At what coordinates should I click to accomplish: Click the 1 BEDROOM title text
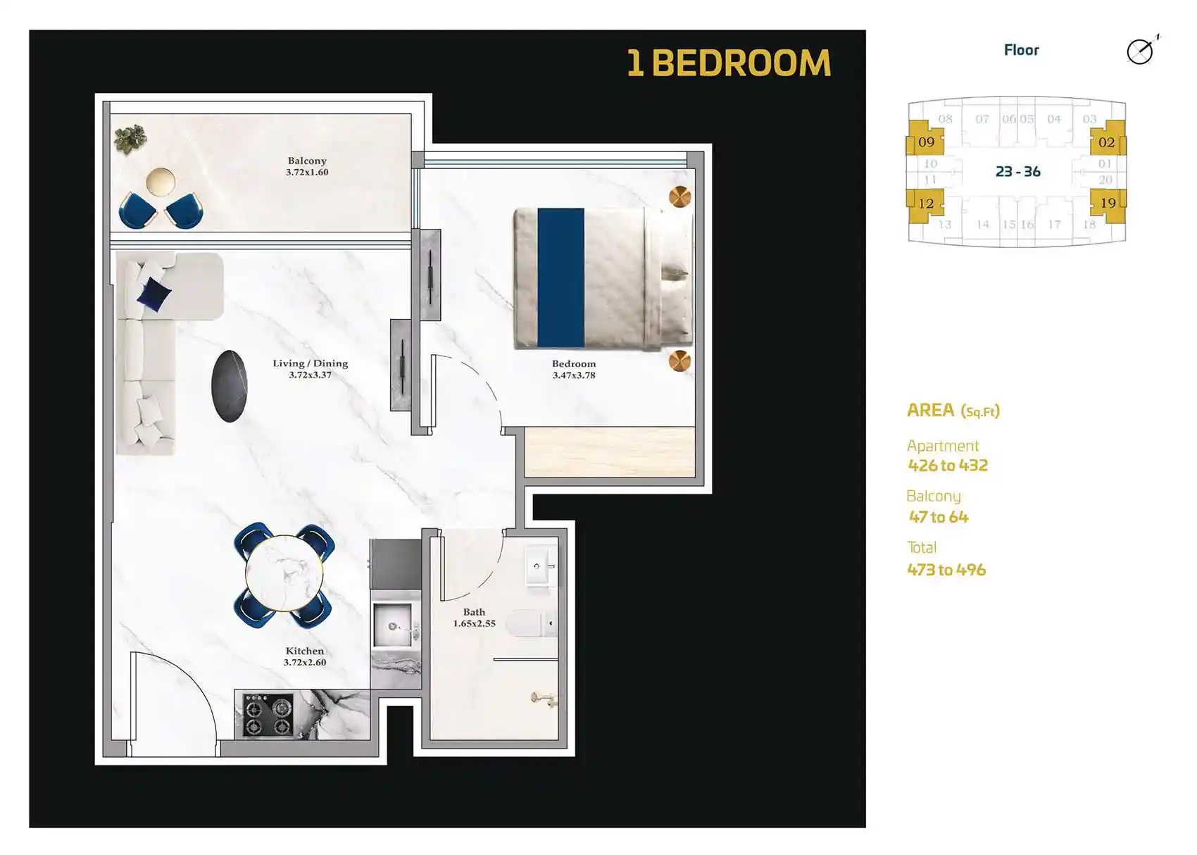tap(729, 63)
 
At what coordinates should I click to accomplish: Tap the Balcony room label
tap(307, 161)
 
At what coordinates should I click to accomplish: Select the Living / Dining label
tap(311, 363)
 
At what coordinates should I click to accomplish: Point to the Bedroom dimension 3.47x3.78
tap(574, 375)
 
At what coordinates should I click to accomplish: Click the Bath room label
tap(474, 612)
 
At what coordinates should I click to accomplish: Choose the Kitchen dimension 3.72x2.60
tap(305, 663)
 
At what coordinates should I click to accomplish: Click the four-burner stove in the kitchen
tap(268, 716)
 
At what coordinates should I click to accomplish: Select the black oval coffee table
tap(230, 386)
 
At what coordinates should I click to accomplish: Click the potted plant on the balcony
tap(130, 138)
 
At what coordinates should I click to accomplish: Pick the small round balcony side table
tap(161, 182)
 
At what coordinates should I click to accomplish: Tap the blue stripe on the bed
tap(560, 277)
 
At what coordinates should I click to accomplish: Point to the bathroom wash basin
tap(540, 566)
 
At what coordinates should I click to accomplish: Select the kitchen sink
tap(394, 625)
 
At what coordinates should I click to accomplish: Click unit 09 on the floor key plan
tap(926, 142)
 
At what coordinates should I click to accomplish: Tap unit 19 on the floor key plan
tap(1108, 203)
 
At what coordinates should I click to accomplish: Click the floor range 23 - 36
tap(1017, 172)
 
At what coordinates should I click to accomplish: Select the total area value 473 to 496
tap(946, 570)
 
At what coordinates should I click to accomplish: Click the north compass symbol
tap(1140, 51)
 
